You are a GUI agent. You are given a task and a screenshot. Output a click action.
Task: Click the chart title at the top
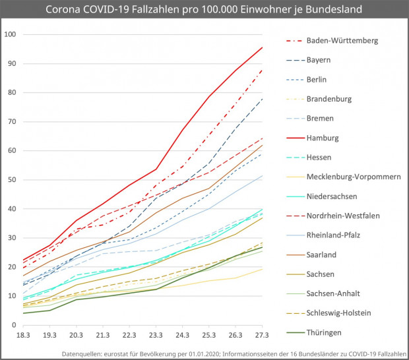coord(204,11)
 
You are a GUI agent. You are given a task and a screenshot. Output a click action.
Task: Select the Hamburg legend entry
coord(323,138)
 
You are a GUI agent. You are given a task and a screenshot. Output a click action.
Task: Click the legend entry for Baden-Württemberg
coord(342,40)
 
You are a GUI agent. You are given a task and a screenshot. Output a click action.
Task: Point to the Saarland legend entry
coord(323,255)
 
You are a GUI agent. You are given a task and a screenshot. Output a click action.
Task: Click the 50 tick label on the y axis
coord(12,180)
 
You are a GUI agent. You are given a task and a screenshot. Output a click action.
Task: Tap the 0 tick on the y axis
coord(14,325)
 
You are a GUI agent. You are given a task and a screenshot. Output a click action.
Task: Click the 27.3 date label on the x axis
coord(263,336)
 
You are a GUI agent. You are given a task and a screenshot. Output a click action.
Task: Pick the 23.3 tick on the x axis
coord(156,336)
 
